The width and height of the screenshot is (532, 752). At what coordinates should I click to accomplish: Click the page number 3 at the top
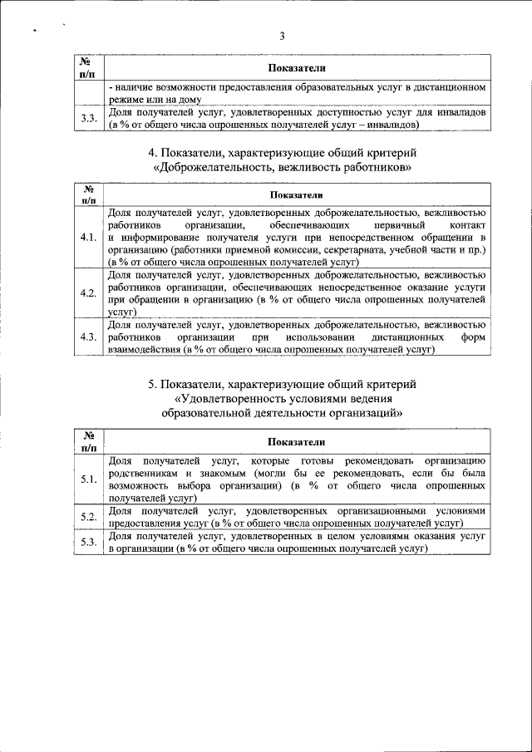[282, 36]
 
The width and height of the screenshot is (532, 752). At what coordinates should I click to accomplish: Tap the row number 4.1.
[89, 238]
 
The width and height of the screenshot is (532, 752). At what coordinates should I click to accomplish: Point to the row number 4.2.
[89, 293]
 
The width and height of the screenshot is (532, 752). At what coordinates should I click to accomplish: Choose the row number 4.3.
[89, 337]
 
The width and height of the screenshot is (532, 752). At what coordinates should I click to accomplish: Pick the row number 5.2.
[89, 517]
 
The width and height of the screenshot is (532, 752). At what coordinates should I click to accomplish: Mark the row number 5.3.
[89, 543]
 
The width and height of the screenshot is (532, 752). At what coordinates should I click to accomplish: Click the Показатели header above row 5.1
[297, 441]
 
